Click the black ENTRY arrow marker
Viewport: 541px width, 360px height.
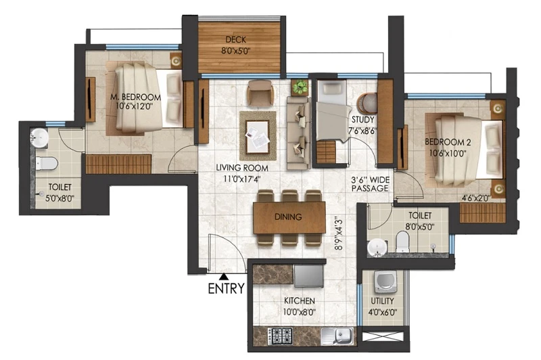pos(224,277)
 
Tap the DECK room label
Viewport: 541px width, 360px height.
pos(235,40)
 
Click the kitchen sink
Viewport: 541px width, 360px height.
pos(337,336)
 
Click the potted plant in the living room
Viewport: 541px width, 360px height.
pos(300,87)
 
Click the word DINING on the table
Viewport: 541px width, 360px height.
pos(288,217)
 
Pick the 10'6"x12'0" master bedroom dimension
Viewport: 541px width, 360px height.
pos(134,106)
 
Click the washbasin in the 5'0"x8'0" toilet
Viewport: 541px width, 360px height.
pos(39,137)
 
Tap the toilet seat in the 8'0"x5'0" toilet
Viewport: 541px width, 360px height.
pos(402,242)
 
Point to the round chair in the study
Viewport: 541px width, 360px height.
pos(367,104)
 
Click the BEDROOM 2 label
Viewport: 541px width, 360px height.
pos(448,142)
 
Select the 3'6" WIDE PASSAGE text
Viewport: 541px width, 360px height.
pos(370,184)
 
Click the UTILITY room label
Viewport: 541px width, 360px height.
pos(382,300)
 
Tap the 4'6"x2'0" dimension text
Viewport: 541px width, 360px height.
pos(476,198)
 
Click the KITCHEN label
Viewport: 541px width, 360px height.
pos(299,300)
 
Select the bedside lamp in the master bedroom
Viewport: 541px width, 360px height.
pos(177,61)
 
